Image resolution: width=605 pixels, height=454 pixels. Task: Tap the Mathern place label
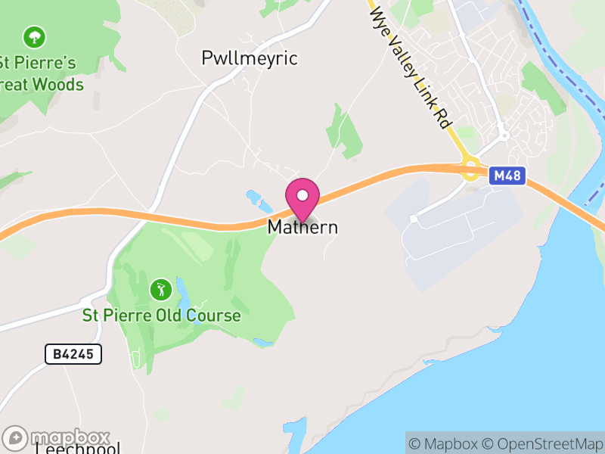pyautogui.click(x=302, y=227)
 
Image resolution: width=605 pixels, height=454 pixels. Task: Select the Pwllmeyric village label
pyautogui.click(x=250, y=58)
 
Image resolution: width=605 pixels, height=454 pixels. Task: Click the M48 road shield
pyautogui.click(x=507, y=176)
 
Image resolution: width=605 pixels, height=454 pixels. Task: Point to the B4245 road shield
pyautogui.click(x=73, y=353)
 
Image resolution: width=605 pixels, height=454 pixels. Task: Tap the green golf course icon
pyautogui.click(x=160, y=289)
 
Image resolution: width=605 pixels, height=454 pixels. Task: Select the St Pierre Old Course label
pyautogui.click(x=161, y=316)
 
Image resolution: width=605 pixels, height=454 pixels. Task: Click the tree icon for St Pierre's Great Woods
pyautogui.click(x=33, y=36)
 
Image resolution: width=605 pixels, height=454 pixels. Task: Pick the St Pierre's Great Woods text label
pyautogui.click(x=42, y=73)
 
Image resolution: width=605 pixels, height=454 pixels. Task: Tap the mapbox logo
pyautogui.click(x=57, y=438)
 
